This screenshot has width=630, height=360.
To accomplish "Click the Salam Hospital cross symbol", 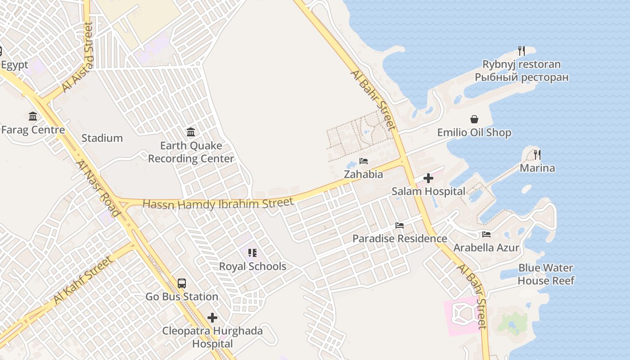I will [x=428, y=178].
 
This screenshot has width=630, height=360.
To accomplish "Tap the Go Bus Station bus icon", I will [x=182, y=283].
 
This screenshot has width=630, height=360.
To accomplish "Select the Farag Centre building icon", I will [x=33, y=117].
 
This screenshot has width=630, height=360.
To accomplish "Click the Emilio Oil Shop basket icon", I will [x=474, y=119].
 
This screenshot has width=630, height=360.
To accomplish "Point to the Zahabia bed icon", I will [x=364, y=161].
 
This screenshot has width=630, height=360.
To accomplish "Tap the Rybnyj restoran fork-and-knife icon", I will [x=522, y=50].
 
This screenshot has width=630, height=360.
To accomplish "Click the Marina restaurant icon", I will [x=537, y=155].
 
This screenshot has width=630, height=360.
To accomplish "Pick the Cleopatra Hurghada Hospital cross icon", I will [x=212, y=318].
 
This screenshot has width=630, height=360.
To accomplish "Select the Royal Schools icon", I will [x=252, y=253].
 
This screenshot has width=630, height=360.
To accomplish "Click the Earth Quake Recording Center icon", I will [x=191, y=132].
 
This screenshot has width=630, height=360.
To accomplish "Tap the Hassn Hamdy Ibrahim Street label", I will [x=218, y=203].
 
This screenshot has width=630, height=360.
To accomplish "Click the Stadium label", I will [x=102, y=138].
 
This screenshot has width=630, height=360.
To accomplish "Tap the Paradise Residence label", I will [x=400, y=238].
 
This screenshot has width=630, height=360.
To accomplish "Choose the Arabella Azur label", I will [x=486, y=247].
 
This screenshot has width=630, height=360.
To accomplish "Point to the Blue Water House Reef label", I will [x=546, y=274].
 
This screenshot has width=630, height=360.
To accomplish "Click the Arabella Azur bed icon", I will [x=486, y=234].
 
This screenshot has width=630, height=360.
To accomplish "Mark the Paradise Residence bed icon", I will [x=400, y=225].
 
